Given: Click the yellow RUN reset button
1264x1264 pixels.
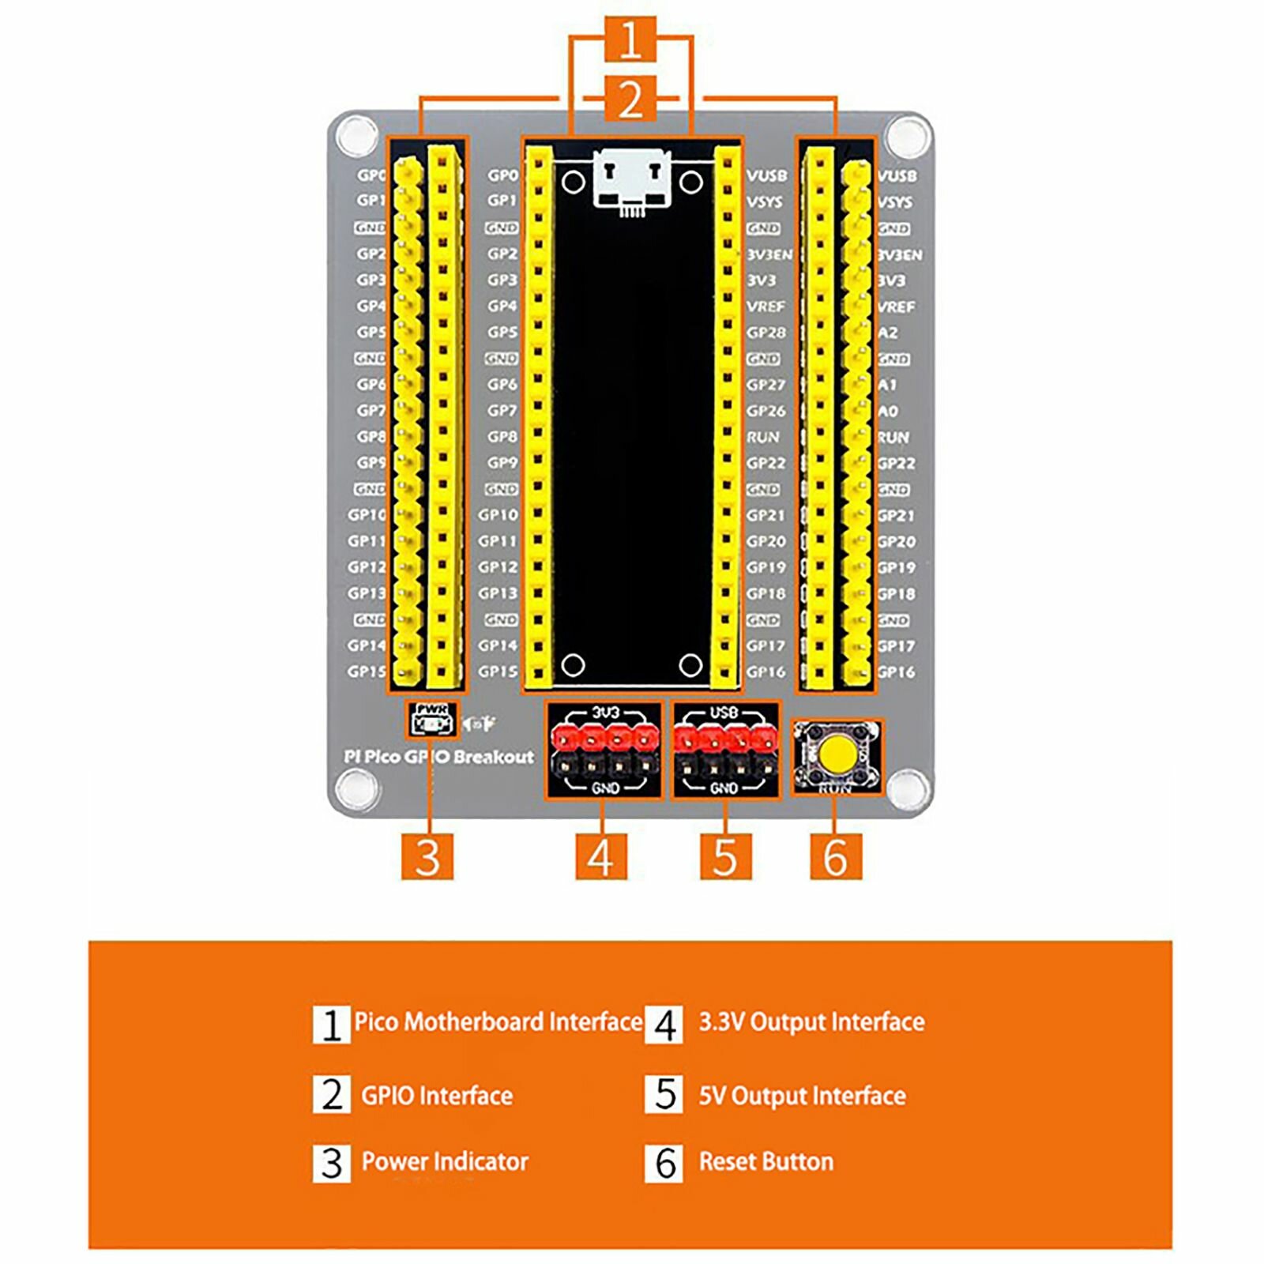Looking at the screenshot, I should (x=835, y=754).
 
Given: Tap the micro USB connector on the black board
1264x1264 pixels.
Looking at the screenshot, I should (x=630, y=180).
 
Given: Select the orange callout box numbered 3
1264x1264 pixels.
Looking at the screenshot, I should (x=427, y=857).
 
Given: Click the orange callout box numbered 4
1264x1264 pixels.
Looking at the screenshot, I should (x=600, y=857).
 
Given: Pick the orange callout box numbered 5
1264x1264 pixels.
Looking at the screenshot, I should (x=725, y=857).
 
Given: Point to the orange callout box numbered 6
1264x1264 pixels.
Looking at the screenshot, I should (x=835, y=857).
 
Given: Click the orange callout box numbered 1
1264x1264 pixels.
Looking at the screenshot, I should (x=630, y=39).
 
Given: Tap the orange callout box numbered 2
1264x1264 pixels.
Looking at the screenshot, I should (x=630, y=100).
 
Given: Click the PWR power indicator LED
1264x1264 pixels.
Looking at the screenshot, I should (x=431, y=724).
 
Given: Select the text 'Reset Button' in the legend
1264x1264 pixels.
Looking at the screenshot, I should (x=766, y=1161).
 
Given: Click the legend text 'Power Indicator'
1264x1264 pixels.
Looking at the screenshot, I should (x=445, y=1161).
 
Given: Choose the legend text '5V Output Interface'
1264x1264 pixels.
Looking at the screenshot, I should (x=802, y=1096).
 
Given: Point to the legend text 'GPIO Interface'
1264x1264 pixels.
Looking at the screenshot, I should (x=437, y=1096).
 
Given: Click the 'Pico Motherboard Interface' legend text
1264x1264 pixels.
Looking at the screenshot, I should (x=498, y=1021).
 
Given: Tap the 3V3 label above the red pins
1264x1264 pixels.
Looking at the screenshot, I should (x=606, y=713).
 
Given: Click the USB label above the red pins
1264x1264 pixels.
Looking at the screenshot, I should (x=724, y=713).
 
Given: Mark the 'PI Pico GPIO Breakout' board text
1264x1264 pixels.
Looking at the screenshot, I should (x=439, y=757).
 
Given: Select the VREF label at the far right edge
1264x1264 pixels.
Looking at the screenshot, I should (x=897, y=307).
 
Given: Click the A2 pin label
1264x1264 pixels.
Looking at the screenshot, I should (x=888, y=333).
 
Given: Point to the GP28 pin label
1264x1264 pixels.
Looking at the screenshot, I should (x=766, y=333).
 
